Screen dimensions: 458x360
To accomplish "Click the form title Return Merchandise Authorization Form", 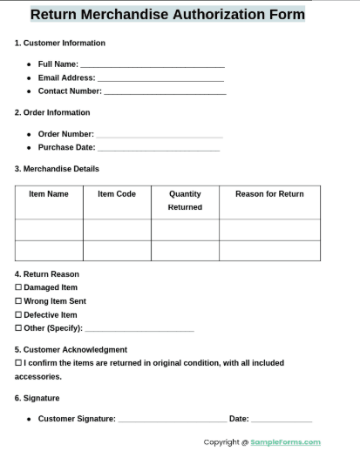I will click(167, 14).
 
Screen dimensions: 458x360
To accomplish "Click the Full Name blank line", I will click(152, 65).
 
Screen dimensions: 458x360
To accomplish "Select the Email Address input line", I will click(160, 79).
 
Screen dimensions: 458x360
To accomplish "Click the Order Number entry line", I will click(159, 136).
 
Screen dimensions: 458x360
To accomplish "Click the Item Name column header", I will click(49, 194).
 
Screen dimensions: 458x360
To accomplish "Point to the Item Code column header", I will click(117, 194).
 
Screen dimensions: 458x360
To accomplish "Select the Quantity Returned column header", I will click(185, 200).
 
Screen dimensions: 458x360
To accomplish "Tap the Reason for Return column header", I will click(269, 194).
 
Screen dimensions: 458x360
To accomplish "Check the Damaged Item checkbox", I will click(18, 287).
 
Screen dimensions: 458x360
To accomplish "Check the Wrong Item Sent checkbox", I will click(18, 301).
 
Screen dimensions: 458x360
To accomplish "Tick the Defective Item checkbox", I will click(18, 315).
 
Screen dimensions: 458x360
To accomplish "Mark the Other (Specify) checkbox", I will click(18, 328).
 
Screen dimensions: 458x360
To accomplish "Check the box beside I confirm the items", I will click(18, 363).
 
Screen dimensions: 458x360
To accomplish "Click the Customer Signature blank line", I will click(172, 421).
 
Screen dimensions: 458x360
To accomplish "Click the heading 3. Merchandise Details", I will click(57, 169).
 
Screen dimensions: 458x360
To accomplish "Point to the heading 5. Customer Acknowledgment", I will click(71, 349).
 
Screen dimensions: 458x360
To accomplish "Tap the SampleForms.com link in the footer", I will click(285, 442).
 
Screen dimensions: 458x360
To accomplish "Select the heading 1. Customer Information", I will click(60, 43).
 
